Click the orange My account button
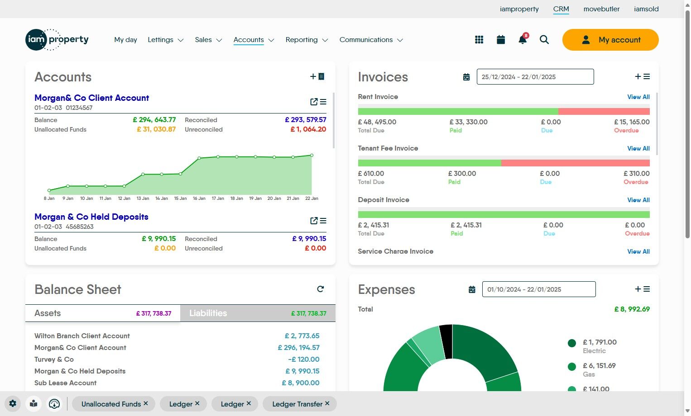610,40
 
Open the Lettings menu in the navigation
165,40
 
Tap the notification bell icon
522,40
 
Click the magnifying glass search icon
544,40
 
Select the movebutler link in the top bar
601,9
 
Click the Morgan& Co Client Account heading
91,98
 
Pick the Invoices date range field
535,77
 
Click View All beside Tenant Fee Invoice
638,148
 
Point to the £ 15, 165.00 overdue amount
632,122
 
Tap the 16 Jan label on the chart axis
199,199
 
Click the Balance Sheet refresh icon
321,289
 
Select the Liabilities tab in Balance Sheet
208,313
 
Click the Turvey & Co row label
54,359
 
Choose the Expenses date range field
538,289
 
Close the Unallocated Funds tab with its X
146,403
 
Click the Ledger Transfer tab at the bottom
297,404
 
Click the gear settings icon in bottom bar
13,404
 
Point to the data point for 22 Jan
312,155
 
